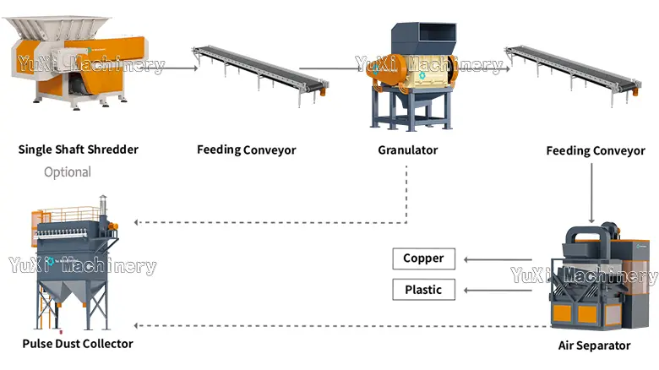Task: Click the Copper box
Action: point(423,258)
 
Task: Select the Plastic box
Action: point(423,290)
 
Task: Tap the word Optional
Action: point(67,172)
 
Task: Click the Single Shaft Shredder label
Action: point(78,150)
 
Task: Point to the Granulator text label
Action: point(407,150)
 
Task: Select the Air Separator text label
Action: point(594,346)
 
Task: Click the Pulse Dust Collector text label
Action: point(77,344)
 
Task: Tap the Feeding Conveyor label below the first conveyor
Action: point(247,150)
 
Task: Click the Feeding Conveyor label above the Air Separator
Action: point(595,151)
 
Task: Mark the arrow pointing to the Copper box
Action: point(498,259)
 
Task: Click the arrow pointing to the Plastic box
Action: point(498,291)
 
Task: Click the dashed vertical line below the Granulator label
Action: point(407,194)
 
